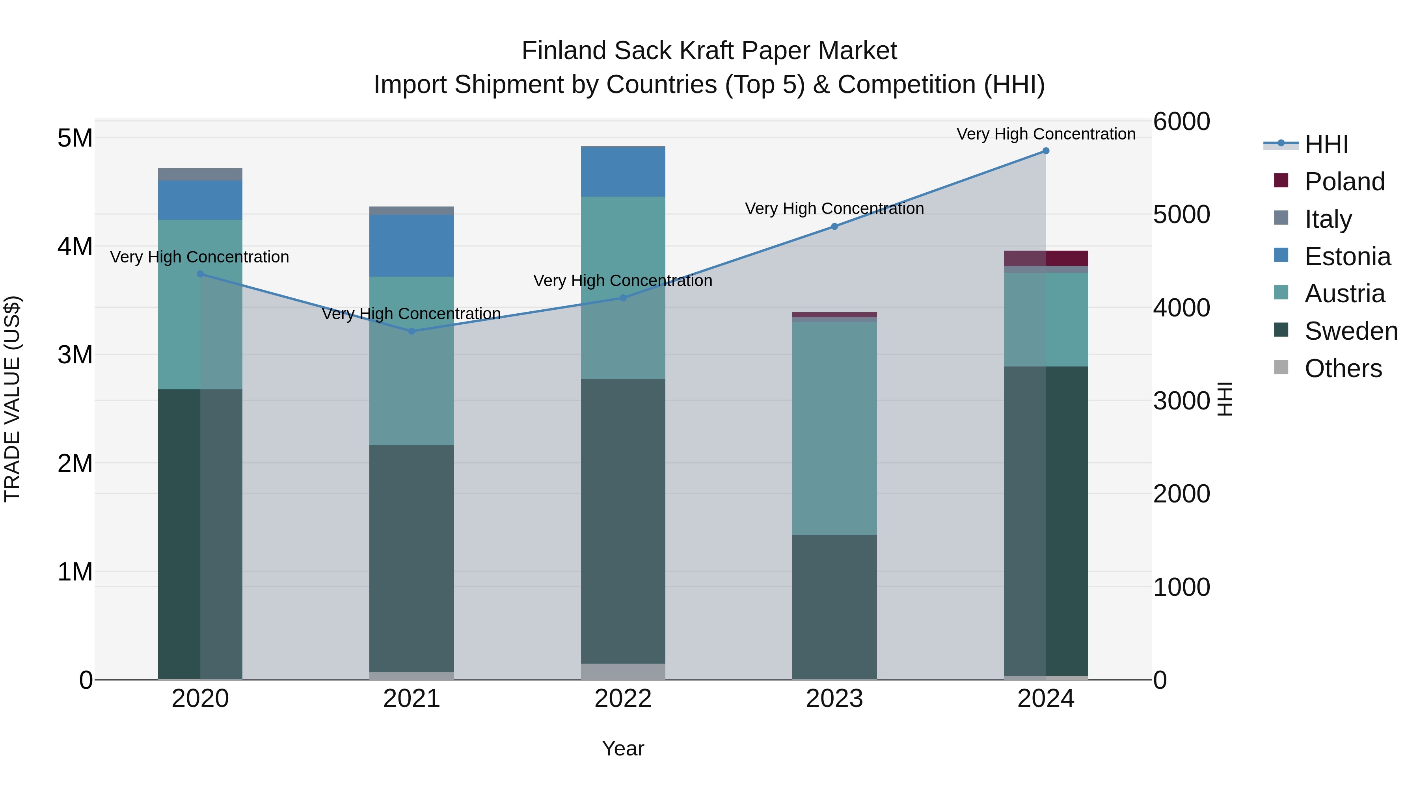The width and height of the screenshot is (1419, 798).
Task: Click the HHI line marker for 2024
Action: pos(1045,151)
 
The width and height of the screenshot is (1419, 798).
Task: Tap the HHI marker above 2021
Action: pos(412,331)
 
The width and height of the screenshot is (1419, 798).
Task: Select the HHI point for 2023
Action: pos(834,226)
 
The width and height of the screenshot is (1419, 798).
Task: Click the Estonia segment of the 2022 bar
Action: pos(623,172)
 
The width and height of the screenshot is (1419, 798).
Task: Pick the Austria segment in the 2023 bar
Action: pos(834,428)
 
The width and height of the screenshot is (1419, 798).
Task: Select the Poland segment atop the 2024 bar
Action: pos(1045,258)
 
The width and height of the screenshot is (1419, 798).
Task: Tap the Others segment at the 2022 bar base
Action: pos(623,672)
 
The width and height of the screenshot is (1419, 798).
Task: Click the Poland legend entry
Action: pos(1344,182)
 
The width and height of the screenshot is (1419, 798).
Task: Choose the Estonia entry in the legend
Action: pos(1347,257)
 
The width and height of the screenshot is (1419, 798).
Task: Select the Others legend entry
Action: pos(1343,368)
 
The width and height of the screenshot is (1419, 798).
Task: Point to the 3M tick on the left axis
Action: pos(75,355)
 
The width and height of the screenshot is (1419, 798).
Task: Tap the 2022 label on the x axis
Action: pos(623,699)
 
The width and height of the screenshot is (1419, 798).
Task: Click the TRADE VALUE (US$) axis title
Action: pos(13,399)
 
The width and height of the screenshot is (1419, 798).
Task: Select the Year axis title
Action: pos(623,748)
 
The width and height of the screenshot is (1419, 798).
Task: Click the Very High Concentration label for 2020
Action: pos(199,257)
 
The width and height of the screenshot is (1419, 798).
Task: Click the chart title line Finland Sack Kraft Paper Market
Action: pos(709,51)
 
